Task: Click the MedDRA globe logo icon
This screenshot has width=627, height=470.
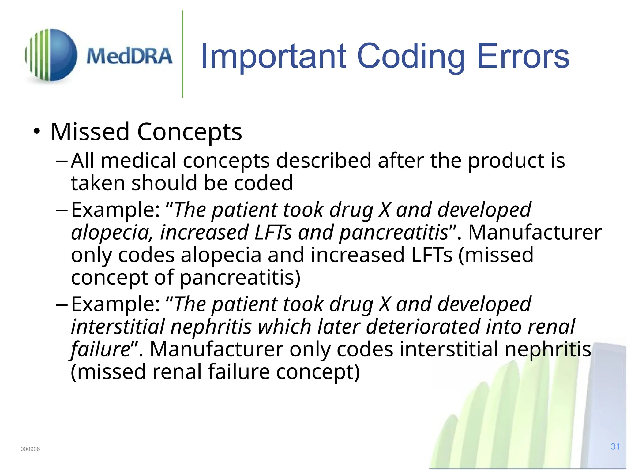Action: click(51, 55)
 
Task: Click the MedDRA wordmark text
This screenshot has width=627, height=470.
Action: click(129, 56)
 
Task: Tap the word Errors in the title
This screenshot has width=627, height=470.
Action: click(523, 56)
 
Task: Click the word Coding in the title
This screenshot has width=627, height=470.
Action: click(411, 56)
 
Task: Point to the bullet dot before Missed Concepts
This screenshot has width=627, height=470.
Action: click(37, 132)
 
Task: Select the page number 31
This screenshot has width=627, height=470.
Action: click(615, 446)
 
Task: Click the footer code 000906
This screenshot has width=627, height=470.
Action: click(30, 449)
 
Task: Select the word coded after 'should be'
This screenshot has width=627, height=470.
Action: click(263, 183)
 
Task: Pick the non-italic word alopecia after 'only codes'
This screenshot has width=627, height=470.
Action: click(221, 255)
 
